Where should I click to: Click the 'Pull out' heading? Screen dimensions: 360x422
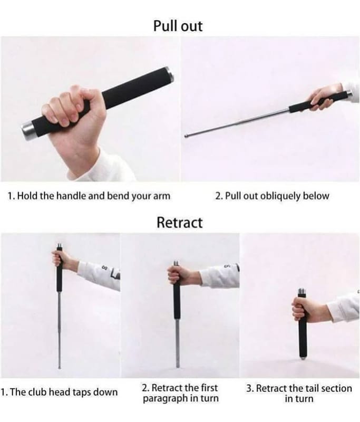(x=178, y=26)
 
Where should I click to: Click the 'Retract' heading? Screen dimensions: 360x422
(x=179, y=223)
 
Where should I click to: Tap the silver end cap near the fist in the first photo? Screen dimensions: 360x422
(x=27, y=131)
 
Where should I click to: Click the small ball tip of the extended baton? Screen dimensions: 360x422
(x=186, y=136)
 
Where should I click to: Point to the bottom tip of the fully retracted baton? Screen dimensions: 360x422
(x=303, y=358)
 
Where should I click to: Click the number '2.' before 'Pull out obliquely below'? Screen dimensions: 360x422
(x=219, y=196)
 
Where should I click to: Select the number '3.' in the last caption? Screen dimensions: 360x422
(x=250, y=389)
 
